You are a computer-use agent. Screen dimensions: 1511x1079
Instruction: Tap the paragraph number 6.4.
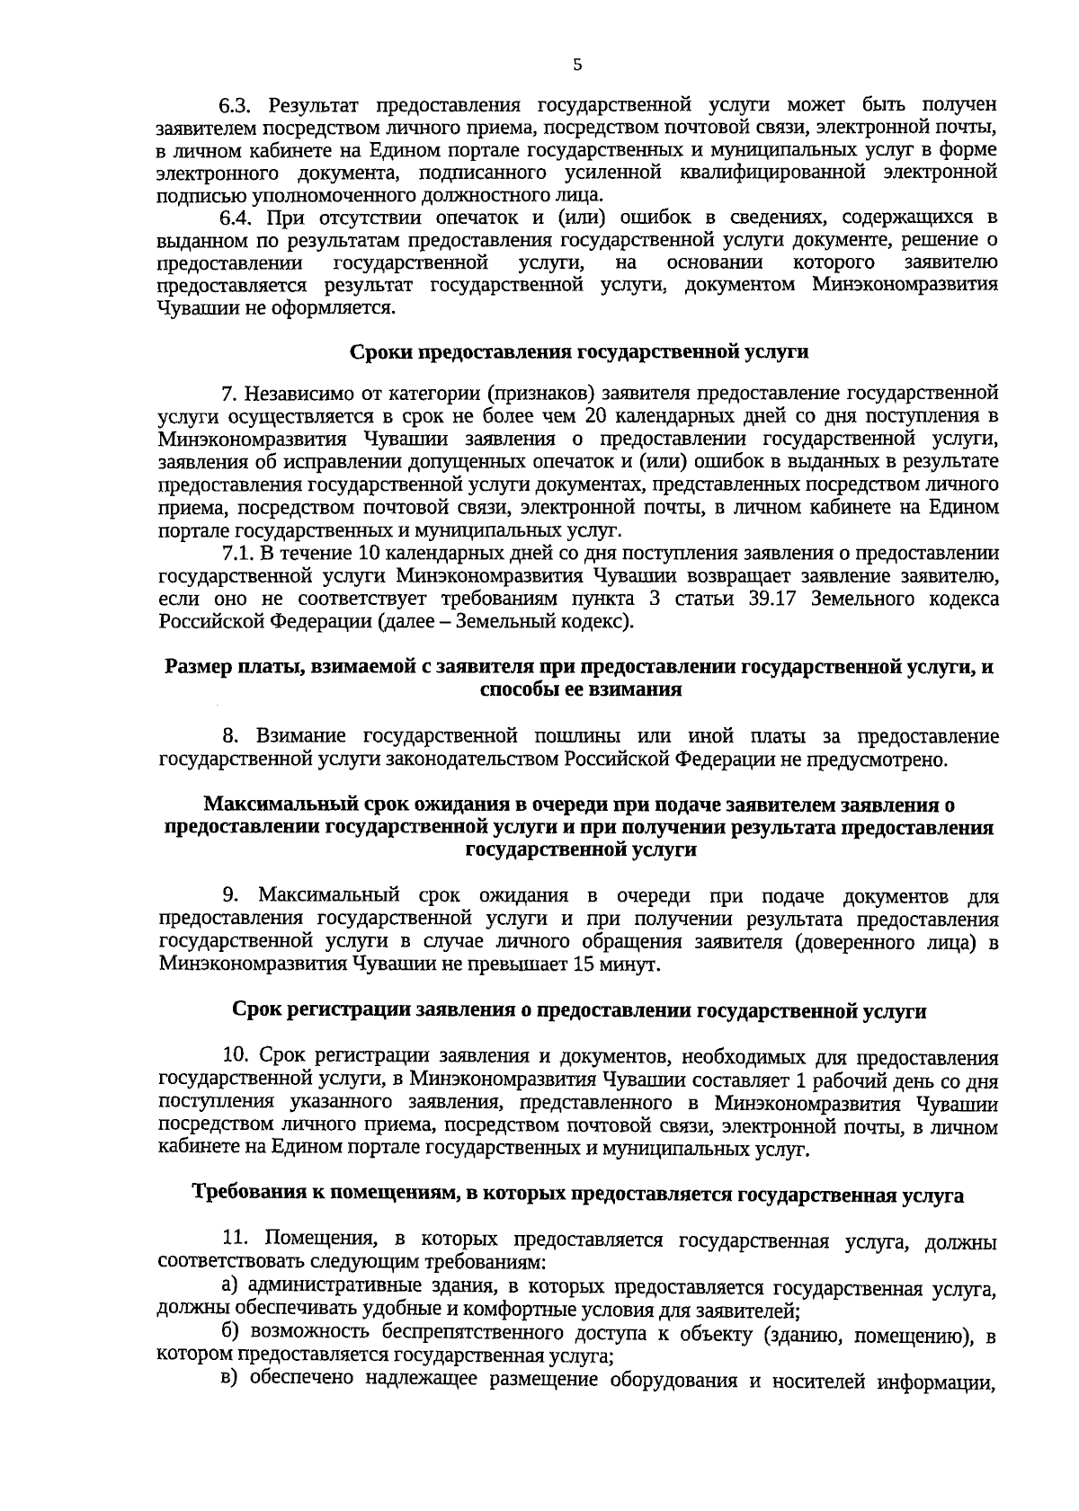(239, 218)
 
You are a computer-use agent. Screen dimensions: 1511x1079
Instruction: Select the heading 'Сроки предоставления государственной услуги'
(578, 352)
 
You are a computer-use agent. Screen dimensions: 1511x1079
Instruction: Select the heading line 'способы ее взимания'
(580, 690)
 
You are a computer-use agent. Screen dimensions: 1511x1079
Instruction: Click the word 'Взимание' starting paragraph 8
(301, 737)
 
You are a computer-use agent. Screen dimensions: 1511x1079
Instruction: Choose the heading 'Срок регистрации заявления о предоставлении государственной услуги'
(578, 1011)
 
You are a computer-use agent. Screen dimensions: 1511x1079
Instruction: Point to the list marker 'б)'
(231, 1334)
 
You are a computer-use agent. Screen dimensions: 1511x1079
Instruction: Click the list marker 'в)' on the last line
(230, 1380)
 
